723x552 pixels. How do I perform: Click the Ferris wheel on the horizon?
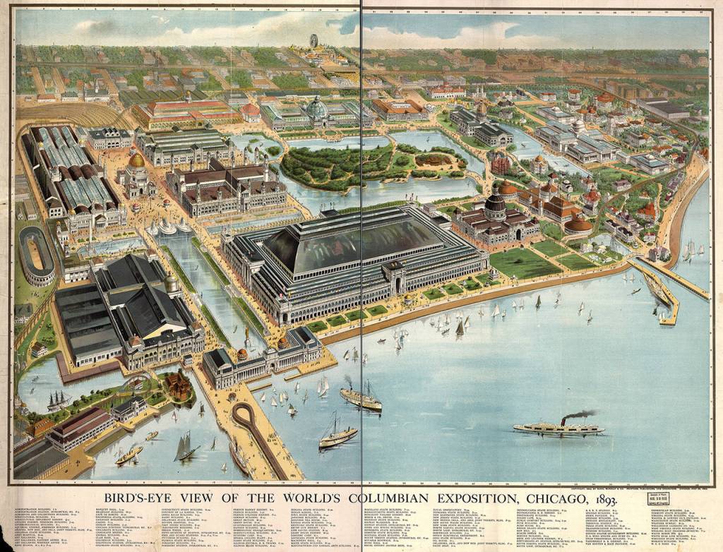(313, 41)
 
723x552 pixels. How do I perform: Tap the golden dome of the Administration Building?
(136, 160)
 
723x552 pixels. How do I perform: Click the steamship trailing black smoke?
(558, 426)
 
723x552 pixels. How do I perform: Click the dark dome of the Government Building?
(495, 205)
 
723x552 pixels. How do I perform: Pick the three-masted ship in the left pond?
(56, 400)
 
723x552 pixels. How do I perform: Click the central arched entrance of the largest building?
(397, 282)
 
